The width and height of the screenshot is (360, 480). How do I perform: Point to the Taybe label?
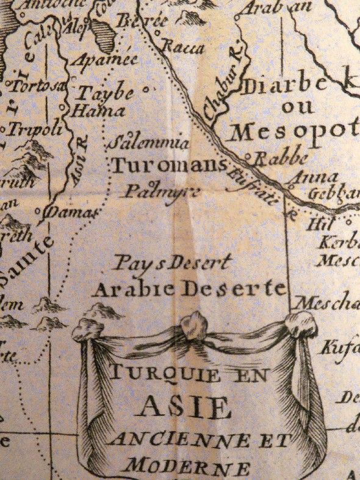coord(102,93)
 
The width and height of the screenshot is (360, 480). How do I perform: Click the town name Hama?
coord(98,111)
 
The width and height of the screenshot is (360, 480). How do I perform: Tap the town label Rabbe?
coord(280,159)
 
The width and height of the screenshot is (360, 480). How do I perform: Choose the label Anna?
coord(315,177)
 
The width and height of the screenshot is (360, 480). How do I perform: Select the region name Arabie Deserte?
coord(189,289)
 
